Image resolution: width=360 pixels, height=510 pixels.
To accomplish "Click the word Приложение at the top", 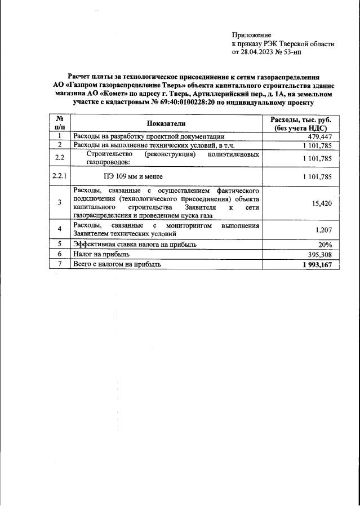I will coord(251,35).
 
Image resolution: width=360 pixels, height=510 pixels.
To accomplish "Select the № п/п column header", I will coord(59,123).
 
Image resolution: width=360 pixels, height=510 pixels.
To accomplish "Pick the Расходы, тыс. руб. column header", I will coord(301,123).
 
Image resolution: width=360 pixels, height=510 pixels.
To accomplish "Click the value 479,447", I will coord(320,137).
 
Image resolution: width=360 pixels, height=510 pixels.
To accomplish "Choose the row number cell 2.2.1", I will coord(59,176).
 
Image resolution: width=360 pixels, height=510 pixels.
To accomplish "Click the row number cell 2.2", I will coord(59,158).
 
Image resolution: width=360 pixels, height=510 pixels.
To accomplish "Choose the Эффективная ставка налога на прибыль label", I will coord(135,245).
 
